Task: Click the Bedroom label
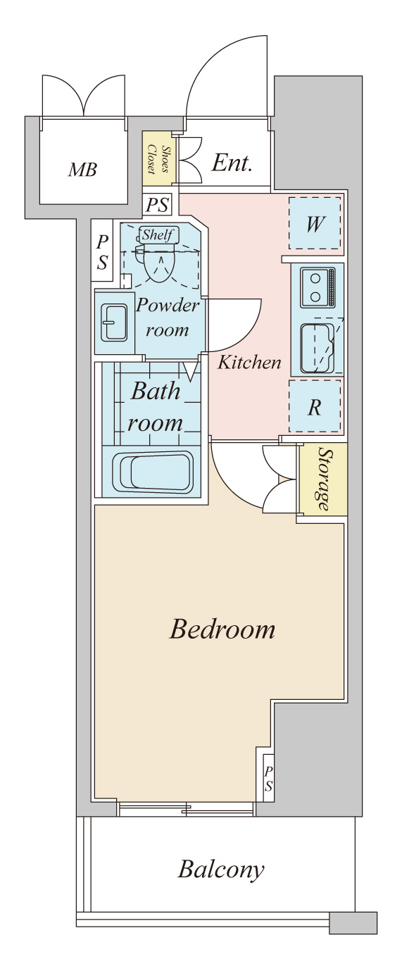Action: coord(222,630)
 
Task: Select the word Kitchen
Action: coord(249,363)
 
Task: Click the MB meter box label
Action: coord(82,170)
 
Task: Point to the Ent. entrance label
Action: coord(231,163)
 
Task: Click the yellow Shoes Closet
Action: coord(158,158)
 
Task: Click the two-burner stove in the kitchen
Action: coord(318,287)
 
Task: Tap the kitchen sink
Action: coord(318,348)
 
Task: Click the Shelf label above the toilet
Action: coord(158,234)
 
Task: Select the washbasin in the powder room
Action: coord(113,322)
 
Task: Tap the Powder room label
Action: coord(167,318)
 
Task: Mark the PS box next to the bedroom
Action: coord(268,779)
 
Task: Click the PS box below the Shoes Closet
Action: coord(158,205)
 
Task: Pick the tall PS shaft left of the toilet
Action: coord(102,251)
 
